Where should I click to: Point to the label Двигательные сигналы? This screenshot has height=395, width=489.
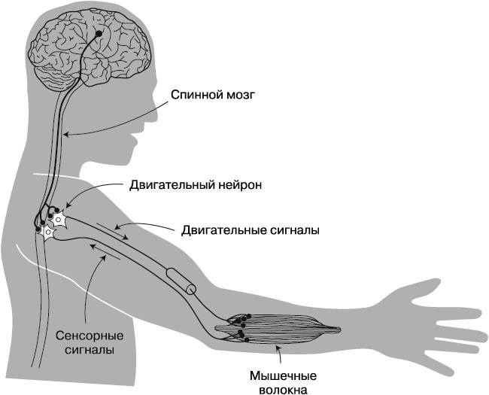tap(250, 230)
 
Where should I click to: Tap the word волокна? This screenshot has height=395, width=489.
tap(282, 389)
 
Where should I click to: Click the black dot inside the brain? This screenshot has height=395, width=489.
tap(99, 33)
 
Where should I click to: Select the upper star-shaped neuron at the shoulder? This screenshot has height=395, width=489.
tap(57, 220)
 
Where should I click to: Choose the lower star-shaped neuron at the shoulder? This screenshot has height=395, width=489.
tap(47, 234)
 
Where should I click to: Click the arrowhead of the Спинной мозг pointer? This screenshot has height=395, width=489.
tap(65, 134)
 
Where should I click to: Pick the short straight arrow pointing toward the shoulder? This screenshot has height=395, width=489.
tap(102, 251)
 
